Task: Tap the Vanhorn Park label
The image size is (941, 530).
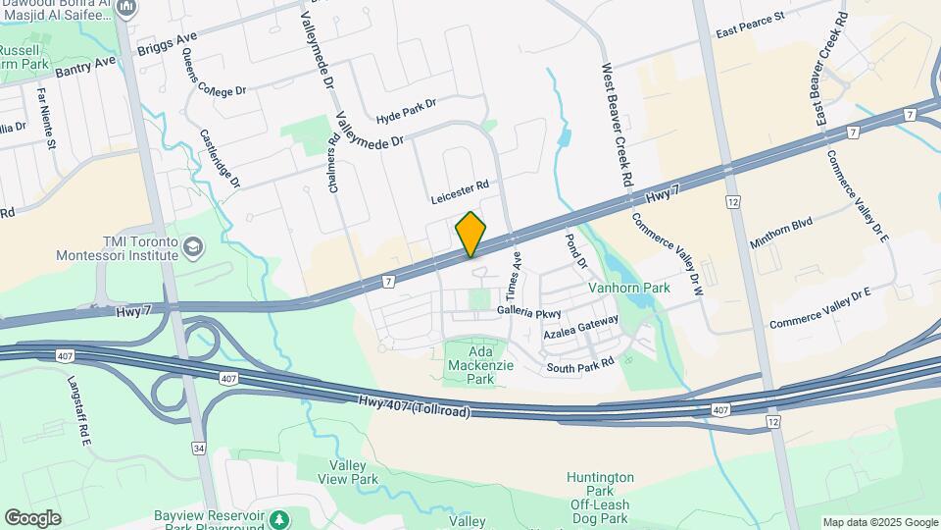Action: click(628, 289)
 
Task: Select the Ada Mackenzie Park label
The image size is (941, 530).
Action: click(469, 365)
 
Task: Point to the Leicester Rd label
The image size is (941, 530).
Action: click(459, 191)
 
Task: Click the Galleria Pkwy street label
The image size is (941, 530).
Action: click(528, 311)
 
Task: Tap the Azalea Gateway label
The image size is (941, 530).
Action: click(581, 328)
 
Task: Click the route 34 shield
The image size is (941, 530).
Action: click(200, 449)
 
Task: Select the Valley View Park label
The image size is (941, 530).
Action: click(348, 472)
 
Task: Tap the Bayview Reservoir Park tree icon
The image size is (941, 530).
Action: click(280, 517)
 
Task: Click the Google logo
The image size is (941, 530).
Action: click(32, 518)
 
